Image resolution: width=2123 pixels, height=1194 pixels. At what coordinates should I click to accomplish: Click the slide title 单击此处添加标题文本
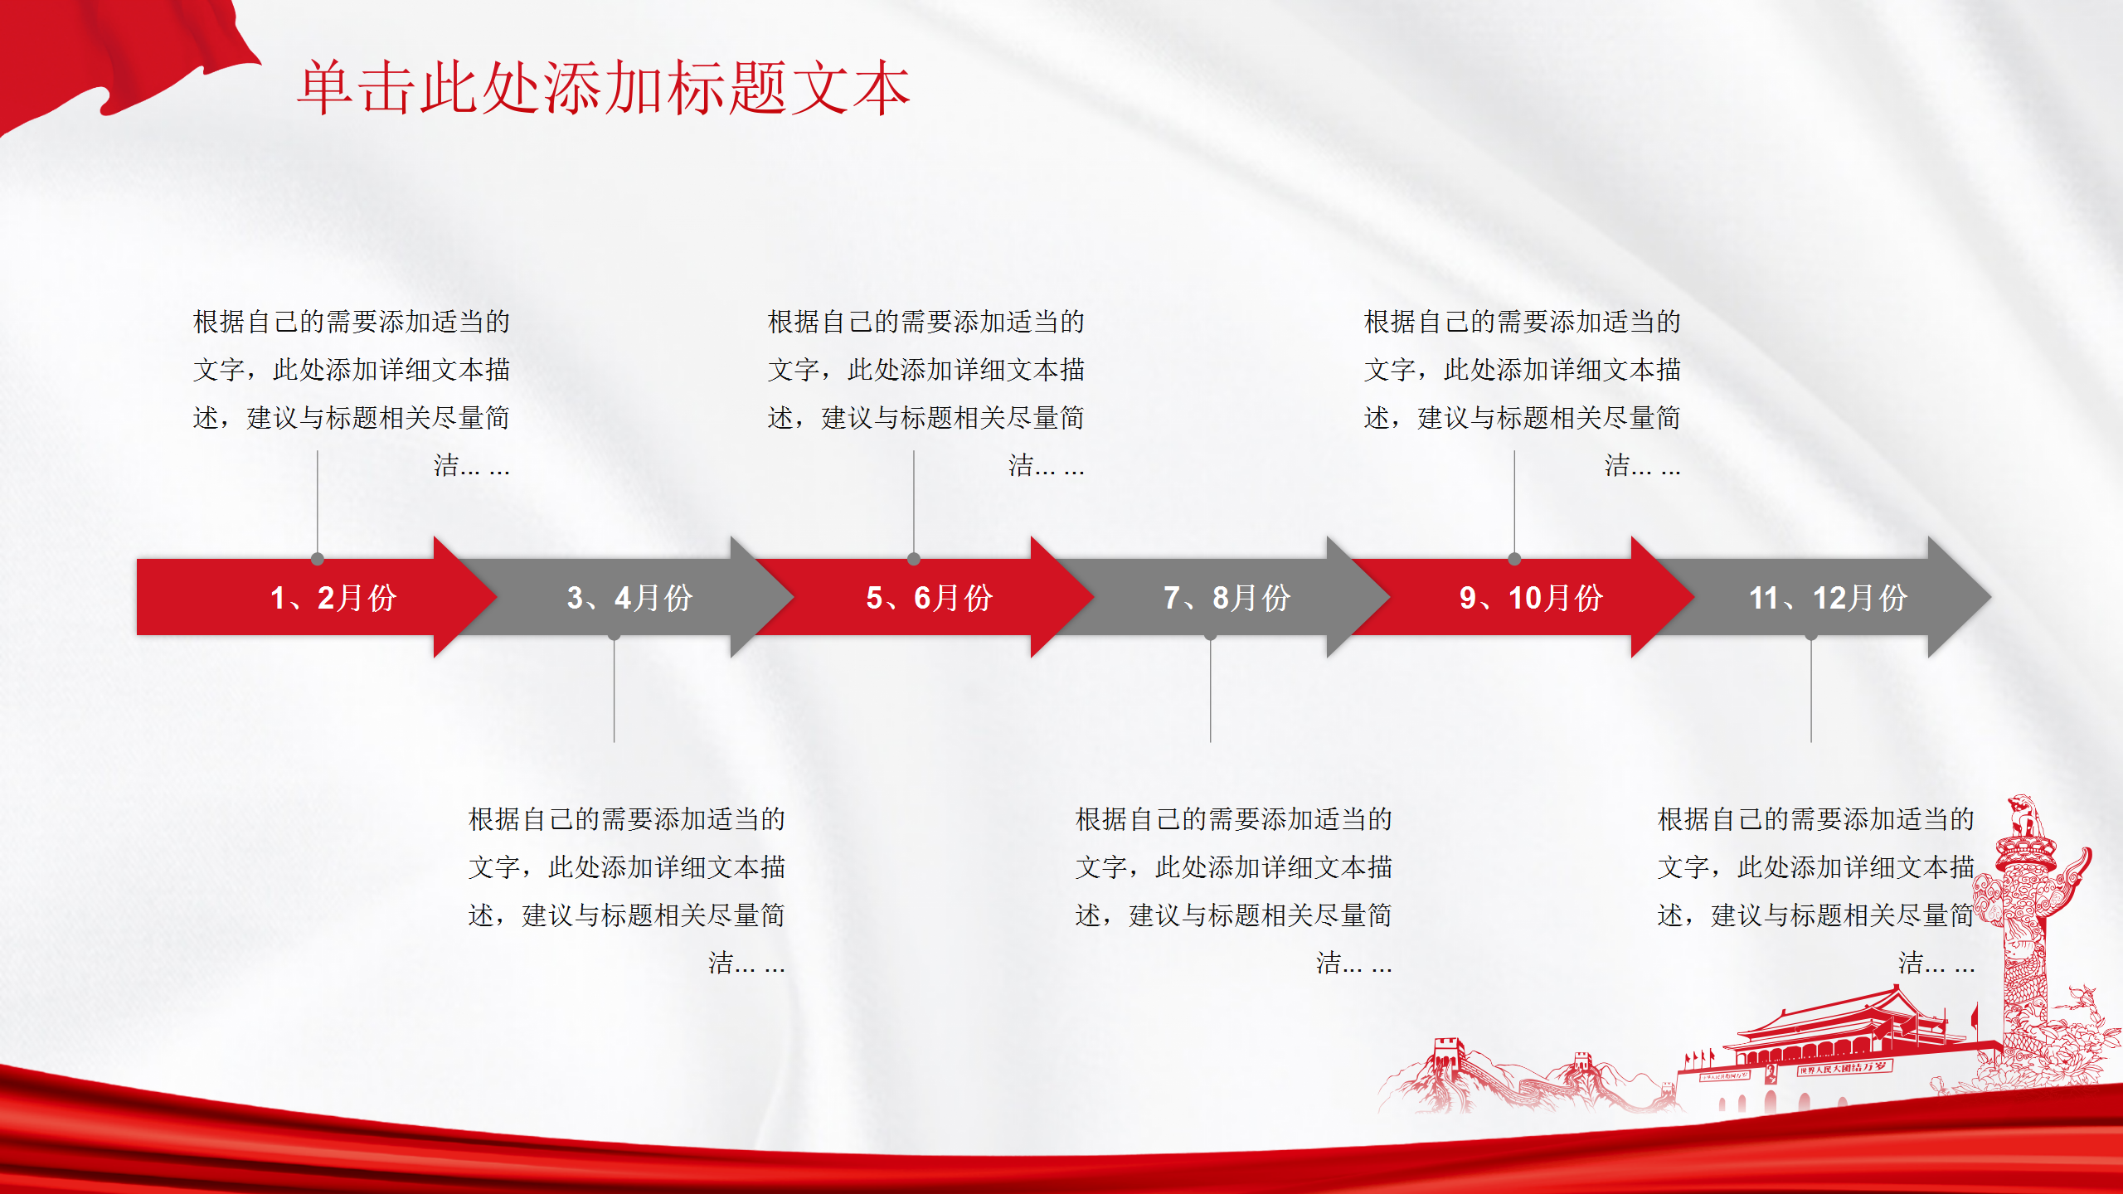point(604,88)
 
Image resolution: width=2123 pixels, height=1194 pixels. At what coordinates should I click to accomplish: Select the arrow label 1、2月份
point(333,598)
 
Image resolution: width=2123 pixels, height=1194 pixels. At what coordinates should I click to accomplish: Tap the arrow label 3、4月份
point(630,598)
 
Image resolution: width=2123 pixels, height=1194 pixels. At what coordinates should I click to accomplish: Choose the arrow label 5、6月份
point(930,598)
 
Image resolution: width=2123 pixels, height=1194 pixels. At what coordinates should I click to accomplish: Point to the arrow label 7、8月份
point(1227,598)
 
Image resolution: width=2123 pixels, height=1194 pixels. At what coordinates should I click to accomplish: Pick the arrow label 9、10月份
point(1532,598)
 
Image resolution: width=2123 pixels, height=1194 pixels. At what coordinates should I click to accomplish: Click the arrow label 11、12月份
point(1829,598)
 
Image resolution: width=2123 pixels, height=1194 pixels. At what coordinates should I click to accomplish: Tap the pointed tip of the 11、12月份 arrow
point(1990,596)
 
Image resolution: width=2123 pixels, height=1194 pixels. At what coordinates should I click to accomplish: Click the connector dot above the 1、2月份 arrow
point(318,559)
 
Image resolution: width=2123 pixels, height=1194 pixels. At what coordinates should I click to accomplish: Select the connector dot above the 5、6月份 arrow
point(914,559)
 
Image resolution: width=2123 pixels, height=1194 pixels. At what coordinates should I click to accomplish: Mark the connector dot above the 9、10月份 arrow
point(1514,559)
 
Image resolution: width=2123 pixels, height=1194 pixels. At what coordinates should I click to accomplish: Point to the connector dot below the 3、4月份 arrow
point(615,636)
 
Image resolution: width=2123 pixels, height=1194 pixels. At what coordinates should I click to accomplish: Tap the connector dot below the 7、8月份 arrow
point(1211,636)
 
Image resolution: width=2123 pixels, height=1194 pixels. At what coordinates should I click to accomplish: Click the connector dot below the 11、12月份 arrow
point(1811,636)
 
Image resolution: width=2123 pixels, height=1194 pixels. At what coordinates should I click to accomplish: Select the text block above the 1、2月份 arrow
point(352,393)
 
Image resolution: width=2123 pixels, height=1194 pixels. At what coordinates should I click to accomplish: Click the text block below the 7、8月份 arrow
point(1234,891)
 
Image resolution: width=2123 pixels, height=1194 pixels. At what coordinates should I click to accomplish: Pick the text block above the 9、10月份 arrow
point(1523,393)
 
